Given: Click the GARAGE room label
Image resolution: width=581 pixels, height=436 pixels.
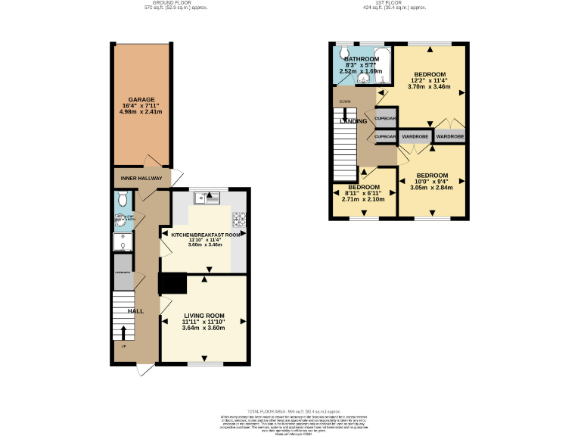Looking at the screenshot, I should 141,100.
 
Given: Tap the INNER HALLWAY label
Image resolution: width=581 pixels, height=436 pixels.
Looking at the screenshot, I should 141,179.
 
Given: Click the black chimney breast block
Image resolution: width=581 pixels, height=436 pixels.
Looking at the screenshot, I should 172,282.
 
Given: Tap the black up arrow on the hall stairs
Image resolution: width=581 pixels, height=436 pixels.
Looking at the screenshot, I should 123,332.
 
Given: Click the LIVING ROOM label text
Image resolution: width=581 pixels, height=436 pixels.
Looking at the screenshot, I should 204,316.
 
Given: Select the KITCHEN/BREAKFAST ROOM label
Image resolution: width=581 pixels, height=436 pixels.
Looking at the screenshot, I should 206,235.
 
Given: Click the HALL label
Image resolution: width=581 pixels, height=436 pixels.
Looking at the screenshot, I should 135,311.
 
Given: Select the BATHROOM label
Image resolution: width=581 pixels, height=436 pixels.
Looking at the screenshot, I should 361,58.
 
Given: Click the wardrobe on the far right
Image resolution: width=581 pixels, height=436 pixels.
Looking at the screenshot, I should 449,137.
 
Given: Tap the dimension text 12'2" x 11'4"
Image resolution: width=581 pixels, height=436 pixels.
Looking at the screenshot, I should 430,80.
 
